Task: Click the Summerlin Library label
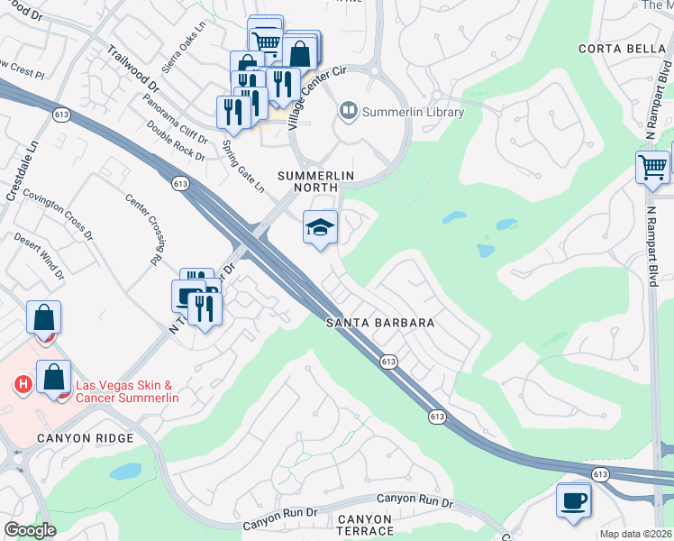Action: [x=413, y=113]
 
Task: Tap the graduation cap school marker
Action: [x=320, y=228]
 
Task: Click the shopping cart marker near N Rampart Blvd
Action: [x=652, y=167]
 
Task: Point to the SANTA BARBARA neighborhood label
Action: [x=381, y=323]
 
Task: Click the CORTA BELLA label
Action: [x=615, y=48]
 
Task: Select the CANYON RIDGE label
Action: [x=85, y=438]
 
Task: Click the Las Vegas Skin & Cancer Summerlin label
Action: [x=127, y=391]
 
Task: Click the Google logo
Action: [x=30, y=530]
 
